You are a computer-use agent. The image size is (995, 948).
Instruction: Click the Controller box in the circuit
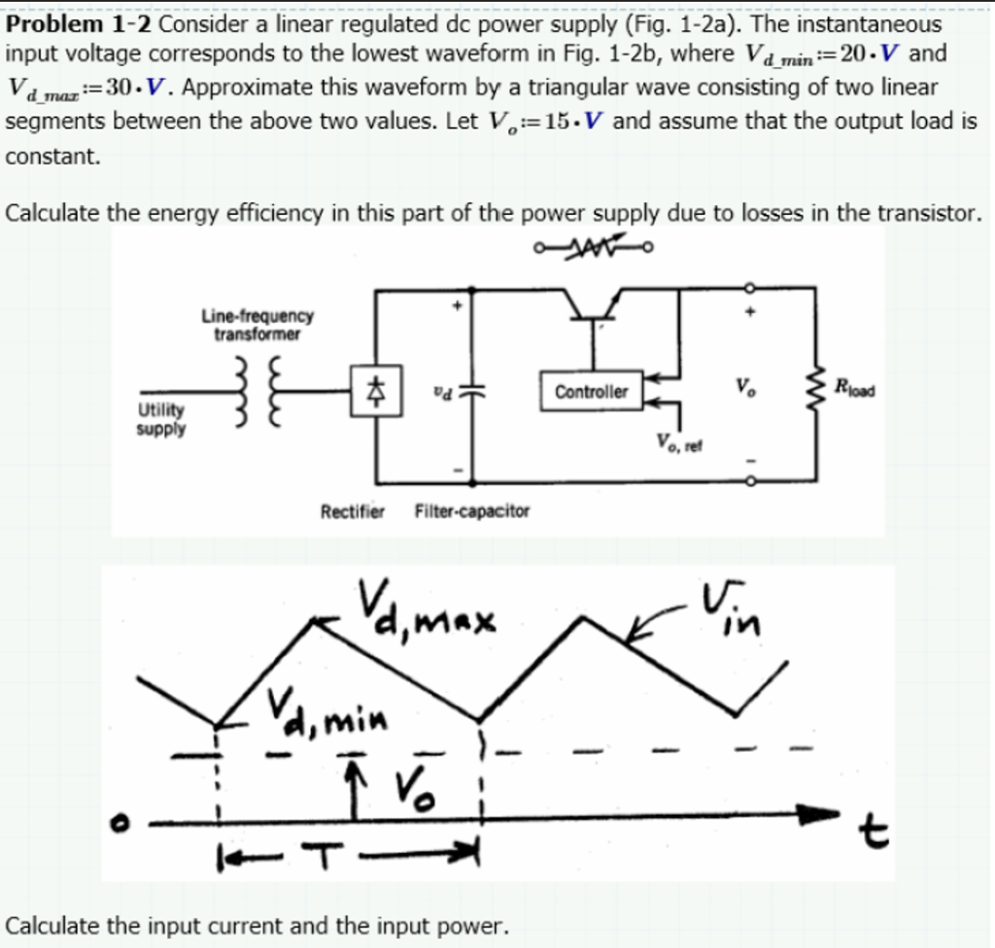[591, 392]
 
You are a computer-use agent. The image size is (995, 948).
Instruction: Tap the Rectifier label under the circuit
[353, 511]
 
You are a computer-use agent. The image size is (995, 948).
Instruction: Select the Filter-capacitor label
[472, 511]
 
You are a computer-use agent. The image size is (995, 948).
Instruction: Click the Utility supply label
[160, 419]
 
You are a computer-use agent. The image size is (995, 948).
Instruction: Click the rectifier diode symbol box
[370, 393]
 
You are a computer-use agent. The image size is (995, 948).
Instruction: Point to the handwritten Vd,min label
[326, 711]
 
